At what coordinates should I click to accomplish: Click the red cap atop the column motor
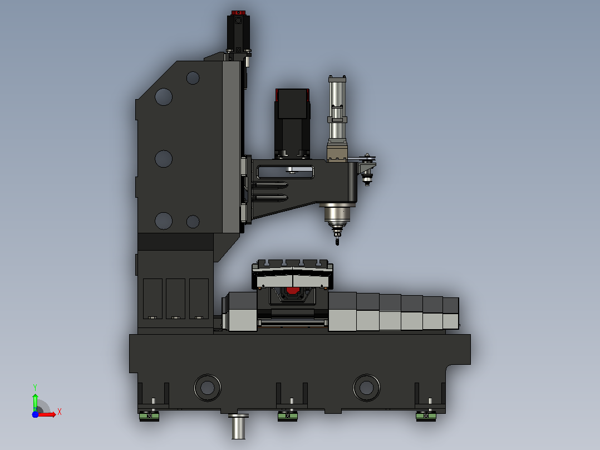click(238, 13)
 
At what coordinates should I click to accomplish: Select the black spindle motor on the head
click(292, 123)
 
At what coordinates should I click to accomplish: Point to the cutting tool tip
click(337, 243)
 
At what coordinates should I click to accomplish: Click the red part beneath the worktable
click(293, 291)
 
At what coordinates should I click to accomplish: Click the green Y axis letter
click(35, 388)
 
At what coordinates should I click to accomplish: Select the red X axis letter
click(60, 412)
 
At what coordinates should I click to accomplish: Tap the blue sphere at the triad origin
click(35, 414)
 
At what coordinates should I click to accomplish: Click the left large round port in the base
click(208, 388)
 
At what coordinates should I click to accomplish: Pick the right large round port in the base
click(367, 388)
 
